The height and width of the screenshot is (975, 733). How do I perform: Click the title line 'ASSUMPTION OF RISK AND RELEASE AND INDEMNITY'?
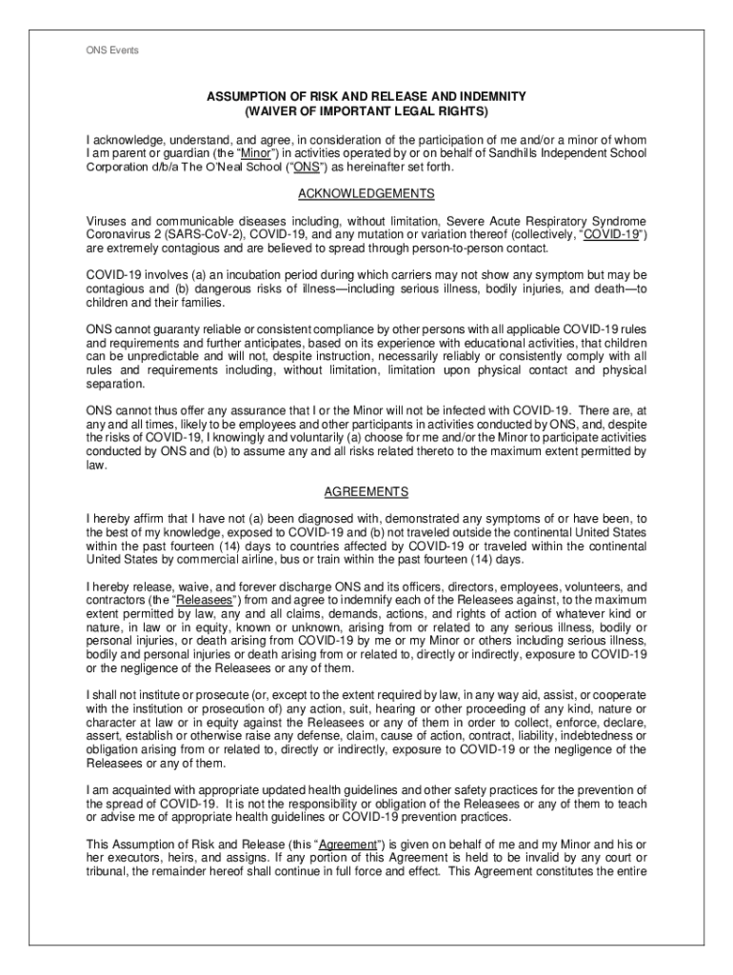click(366, 97)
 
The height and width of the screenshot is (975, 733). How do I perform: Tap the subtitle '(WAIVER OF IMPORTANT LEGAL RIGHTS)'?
click(366, 111)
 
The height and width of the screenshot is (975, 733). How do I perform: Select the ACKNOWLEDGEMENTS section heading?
click(366, 194)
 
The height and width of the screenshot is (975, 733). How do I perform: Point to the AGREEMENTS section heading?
click(366, 492)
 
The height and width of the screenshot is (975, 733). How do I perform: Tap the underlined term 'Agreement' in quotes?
click(351, 844)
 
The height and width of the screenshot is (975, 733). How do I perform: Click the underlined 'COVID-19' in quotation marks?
click(610, 235)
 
